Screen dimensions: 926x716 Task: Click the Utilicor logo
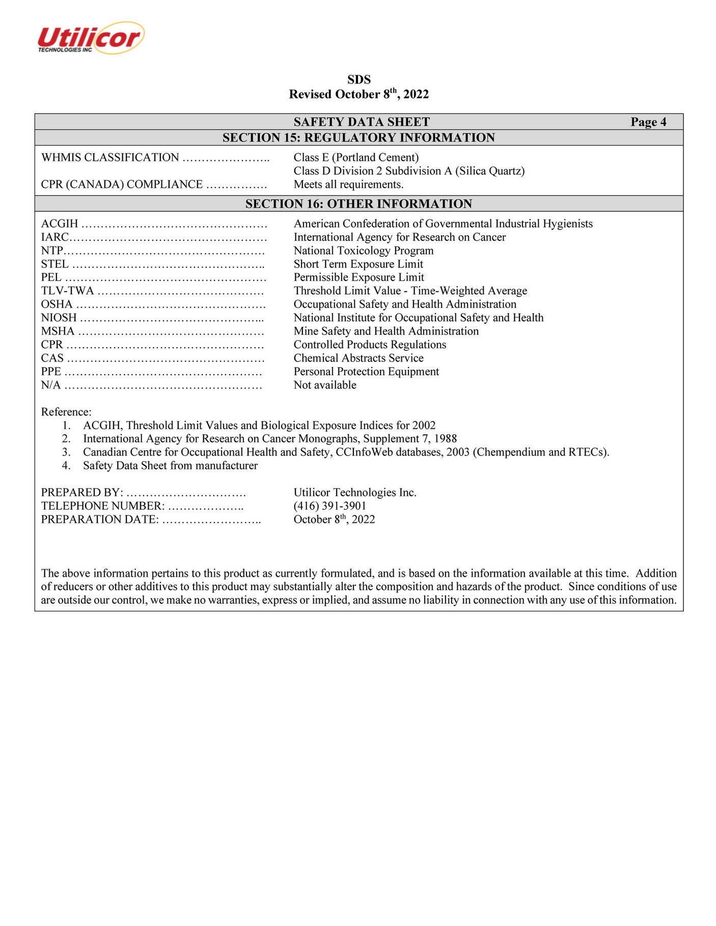point(91,38)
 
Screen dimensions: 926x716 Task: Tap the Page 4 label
point(648,122)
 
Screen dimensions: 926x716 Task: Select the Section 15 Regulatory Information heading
point(359,138)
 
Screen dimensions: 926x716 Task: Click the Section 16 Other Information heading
point(359,204)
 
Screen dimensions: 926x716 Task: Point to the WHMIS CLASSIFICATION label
point(110,158)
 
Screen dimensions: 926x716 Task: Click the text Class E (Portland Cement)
point(356,158)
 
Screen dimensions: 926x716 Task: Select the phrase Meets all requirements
point(348,184)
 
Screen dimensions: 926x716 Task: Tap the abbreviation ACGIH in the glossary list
point(60,224)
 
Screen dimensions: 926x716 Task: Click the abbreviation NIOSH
point(59,318)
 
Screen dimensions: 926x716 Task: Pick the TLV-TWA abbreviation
point(67,291)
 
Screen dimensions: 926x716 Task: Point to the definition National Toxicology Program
point(364,250)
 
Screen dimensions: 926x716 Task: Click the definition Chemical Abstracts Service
point(359,358)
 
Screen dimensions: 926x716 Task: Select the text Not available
point(325,385)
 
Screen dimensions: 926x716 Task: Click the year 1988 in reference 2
point(446,439)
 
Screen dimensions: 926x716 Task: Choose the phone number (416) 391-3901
point(330,506)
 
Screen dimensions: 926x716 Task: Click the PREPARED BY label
point(81,493)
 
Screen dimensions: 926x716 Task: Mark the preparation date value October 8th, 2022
point(334,519)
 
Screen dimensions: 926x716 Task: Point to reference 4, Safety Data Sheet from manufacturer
point(170,466)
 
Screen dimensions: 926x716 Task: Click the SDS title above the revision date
point(359,80)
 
